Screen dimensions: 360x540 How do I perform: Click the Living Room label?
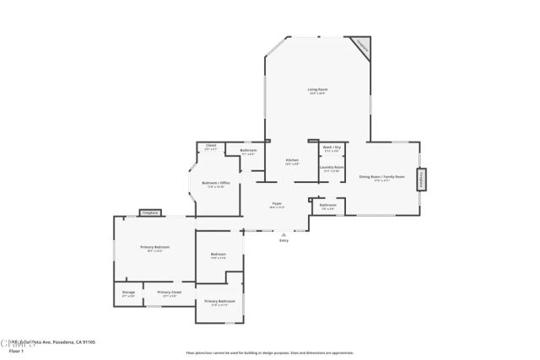tap(316, 89)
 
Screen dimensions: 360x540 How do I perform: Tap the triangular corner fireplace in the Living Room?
tap(362, 45)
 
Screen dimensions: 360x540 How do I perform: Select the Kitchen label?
tap(292, 160)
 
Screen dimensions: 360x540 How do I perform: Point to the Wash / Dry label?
tap(332, 148)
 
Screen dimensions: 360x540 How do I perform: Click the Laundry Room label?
tap(332, 168)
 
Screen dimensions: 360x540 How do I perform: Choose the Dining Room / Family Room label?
tap(382, 176)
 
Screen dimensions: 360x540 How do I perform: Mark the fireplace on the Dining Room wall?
tap(422, 180)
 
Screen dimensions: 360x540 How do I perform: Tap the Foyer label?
tap(276, 203)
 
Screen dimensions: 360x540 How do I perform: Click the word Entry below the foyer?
tap(283, 241)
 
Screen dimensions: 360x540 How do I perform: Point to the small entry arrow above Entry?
tap(283, 234)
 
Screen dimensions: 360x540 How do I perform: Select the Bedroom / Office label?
tap(215, 183)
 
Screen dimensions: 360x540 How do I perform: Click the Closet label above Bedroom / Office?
tap(211, 146)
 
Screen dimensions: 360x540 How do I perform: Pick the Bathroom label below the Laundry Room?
tap(328, 205)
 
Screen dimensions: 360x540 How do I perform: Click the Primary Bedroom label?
tap(155, 247)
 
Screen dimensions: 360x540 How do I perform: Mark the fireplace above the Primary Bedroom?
tap(150, 213)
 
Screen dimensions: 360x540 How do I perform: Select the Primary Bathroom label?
tap(219, 301)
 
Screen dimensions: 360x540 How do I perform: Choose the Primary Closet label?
tap(170, 293)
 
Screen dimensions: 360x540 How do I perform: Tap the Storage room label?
tap(128, 293)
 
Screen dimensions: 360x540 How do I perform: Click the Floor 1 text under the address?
tap(9, 350)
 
